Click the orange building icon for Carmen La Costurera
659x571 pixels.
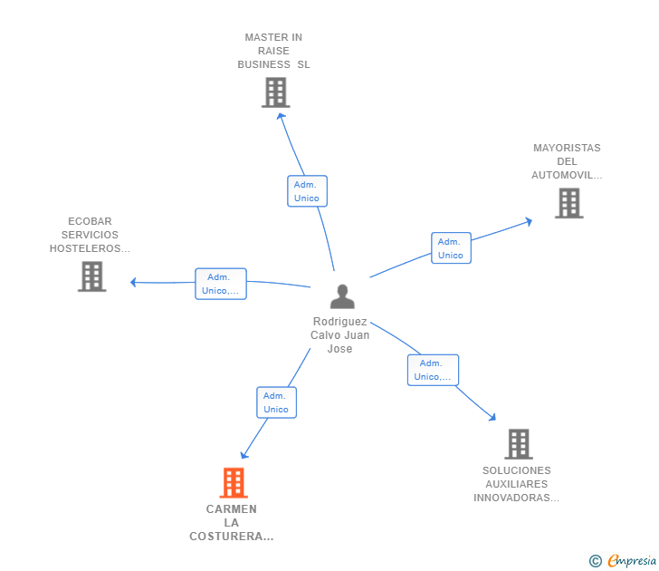coord(234,483)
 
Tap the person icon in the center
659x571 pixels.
coord(342,296)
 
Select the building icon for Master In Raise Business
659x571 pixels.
coord(276,92)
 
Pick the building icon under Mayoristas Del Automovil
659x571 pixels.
coord(569,203)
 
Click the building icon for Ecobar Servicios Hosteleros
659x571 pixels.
coord(92,276)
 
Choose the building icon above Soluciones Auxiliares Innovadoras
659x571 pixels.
coord(519,444)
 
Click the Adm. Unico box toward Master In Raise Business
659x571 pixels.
coord(307,191)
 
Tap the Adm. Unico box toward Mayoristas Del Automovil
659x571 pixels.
coord(451,247)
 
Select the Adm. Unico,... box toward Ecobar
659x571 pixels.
coord(221,284)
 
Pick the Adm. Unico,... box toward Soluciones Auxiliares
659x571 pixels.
coord(433,370)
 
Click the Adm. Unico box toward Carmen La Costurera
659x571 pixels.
coord(277,402)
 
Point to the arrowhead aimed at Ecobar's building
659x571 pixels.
coord(133,282)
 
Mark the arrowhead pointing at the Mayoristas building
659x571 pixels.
coord(530,221)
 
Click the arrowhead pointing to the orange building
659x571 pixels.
coord(244,455)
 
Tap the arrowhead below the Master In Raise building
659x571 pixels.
coord(281,116)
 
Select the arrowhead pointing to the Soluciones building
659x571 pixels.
coord(492,417)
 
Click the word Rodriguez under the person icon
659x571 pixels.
coord(340,322)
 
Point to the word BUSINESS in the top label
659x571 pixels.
coord(264,64)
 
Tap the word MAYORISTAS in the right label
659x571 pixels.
coord(567,148)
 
